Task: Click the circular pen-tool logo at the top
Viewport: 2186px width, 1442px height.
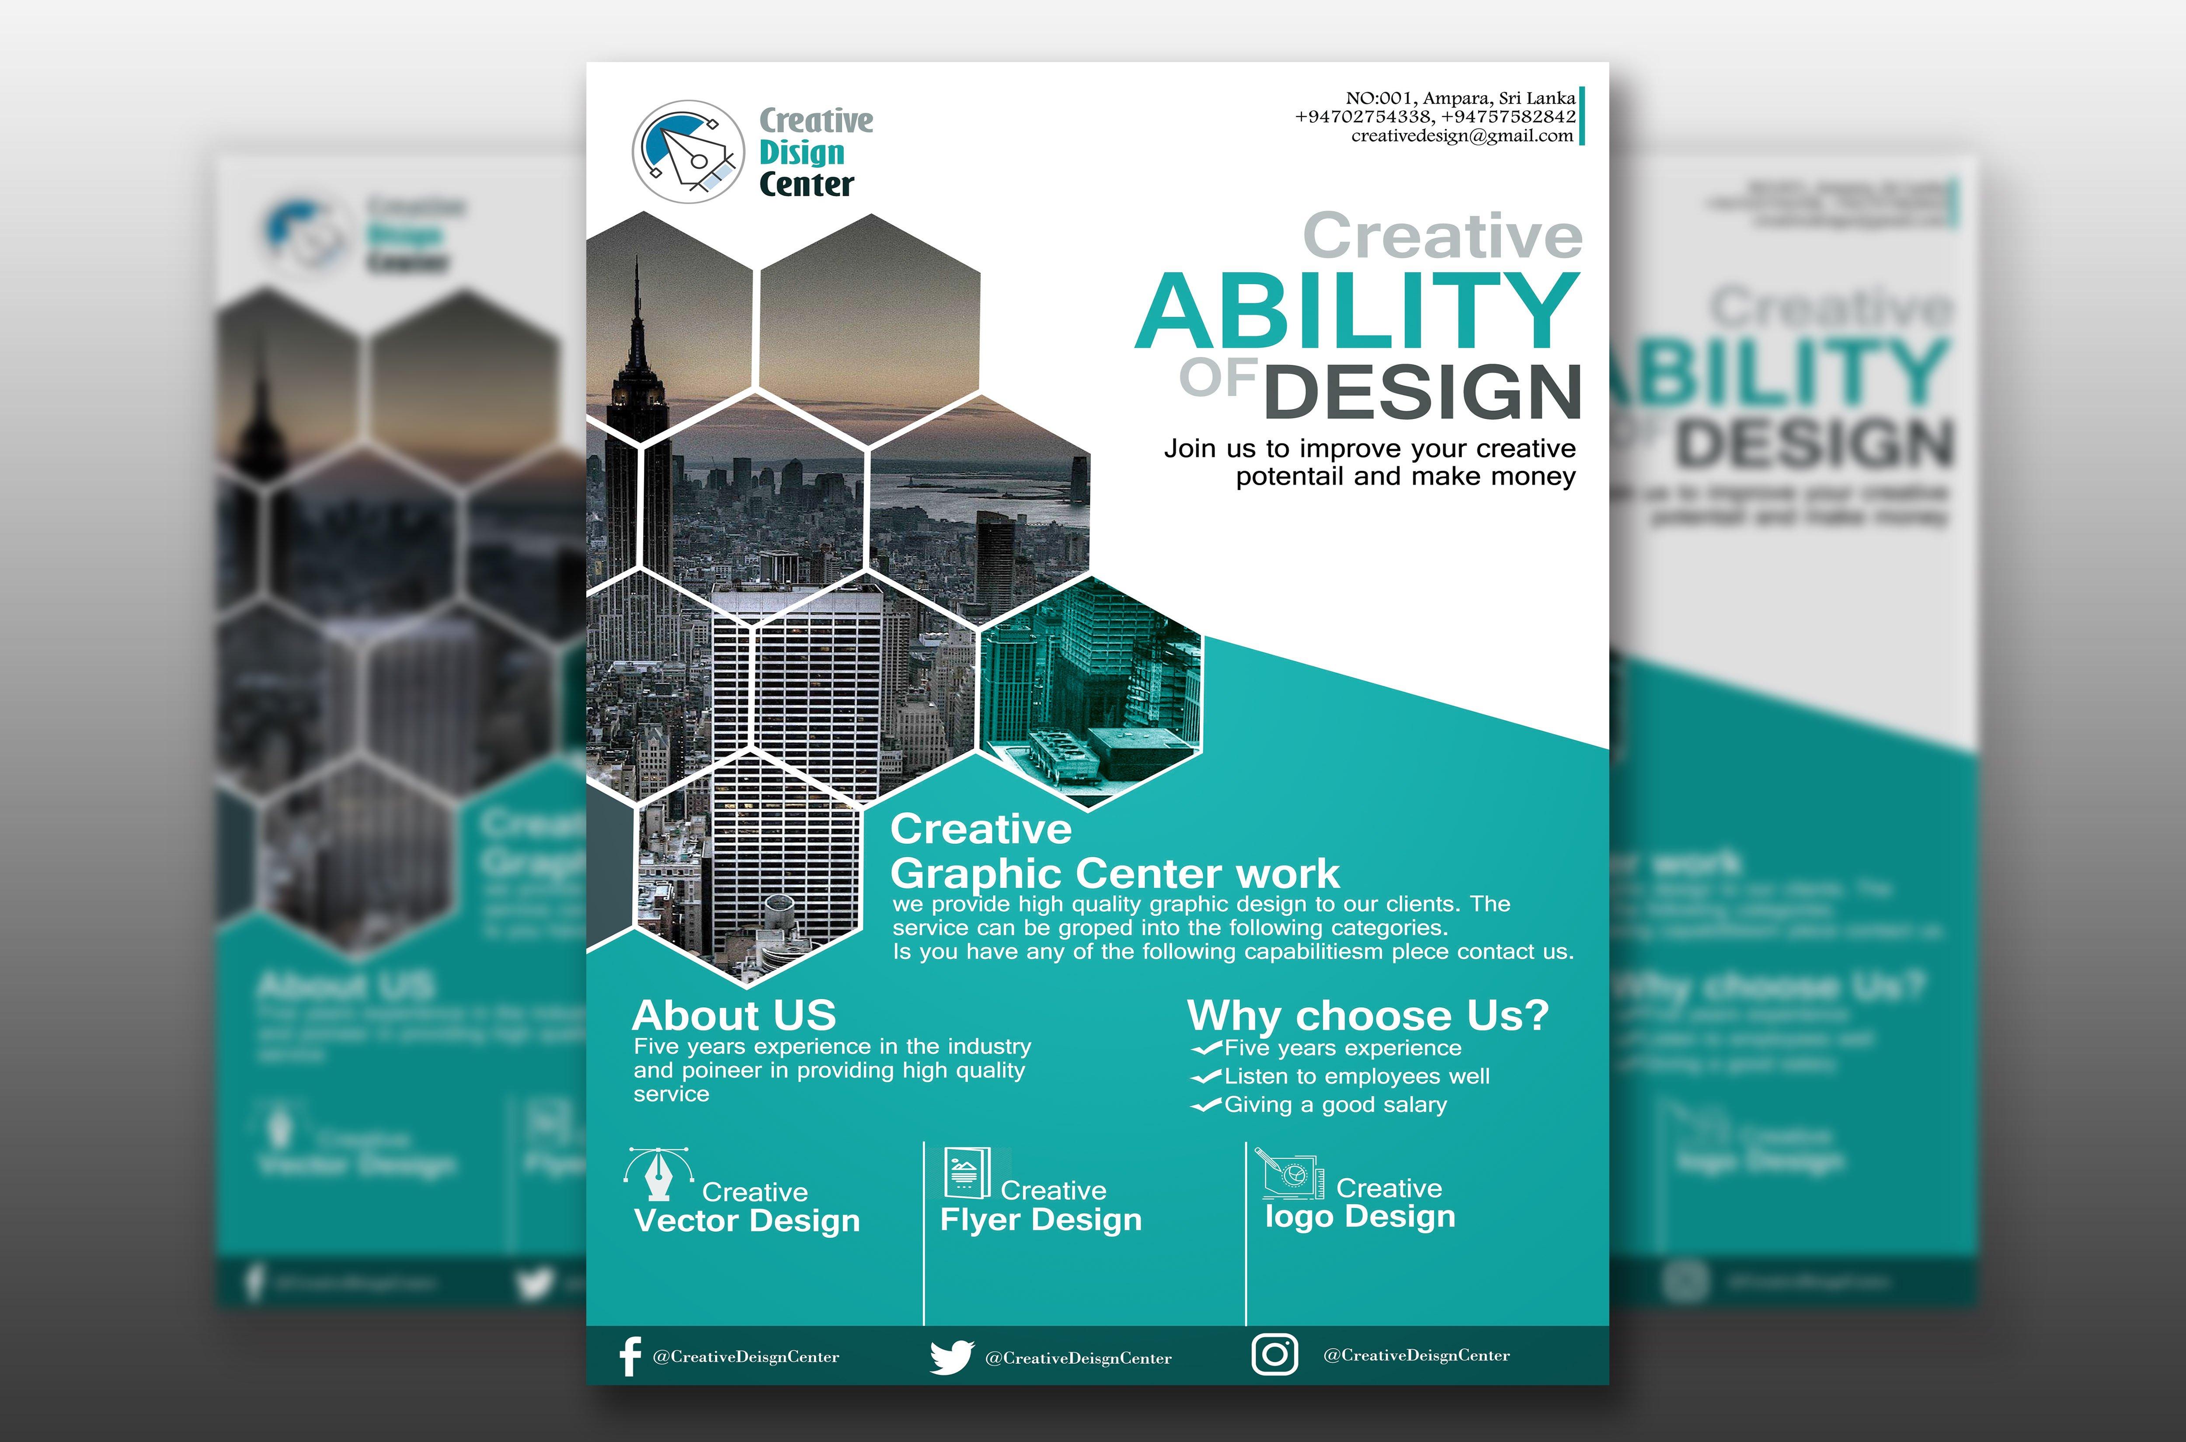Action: (x=688, y=152)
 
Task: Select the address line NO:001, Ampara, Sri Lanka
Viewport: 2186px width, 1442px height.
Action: (x=1460, y=97)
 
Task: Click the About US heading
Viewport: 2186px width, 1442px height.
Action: (x=734, y=1015)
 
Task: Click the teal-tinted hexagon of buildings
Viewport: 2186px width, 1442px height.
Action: (x=1090, y=694)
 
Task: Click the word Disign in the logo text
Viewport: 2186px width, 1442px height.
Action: (x=801, y=153)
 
